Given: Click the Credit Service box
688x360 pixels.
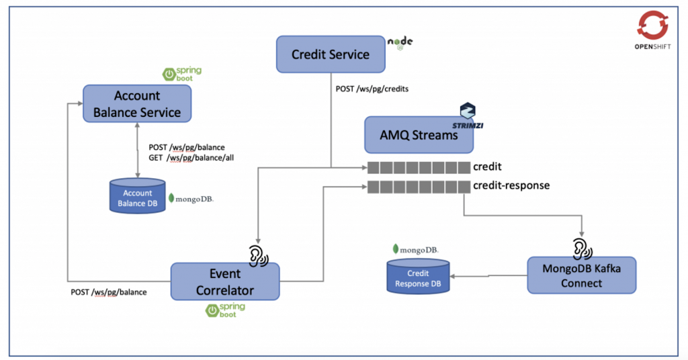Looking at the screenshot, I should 331,54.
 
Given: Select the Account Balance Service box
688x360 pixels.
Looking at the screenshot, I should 137,104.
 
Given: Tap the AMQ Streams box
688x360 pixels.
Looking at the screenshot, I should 419,135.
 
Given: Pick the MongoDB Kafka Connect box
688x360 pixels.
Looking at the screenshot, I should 580,275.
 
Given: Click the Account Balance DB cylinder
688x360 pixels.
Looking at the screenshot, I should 137,197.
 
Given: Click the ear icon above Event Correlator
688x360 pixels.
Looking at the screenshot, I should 258,255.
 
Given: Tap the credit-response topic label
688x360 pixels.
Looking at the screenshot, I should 511,185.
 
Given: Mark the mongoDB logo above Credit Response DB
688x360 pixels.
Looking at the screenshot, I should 416,249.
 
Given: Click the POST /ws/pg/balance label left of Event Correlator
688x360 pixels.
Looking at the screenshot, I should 109,292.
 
